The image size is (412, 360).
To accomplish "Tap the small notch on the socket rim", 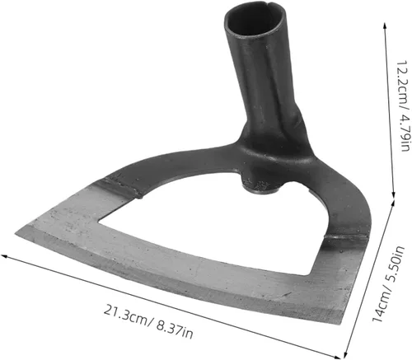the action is (265, 6).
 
